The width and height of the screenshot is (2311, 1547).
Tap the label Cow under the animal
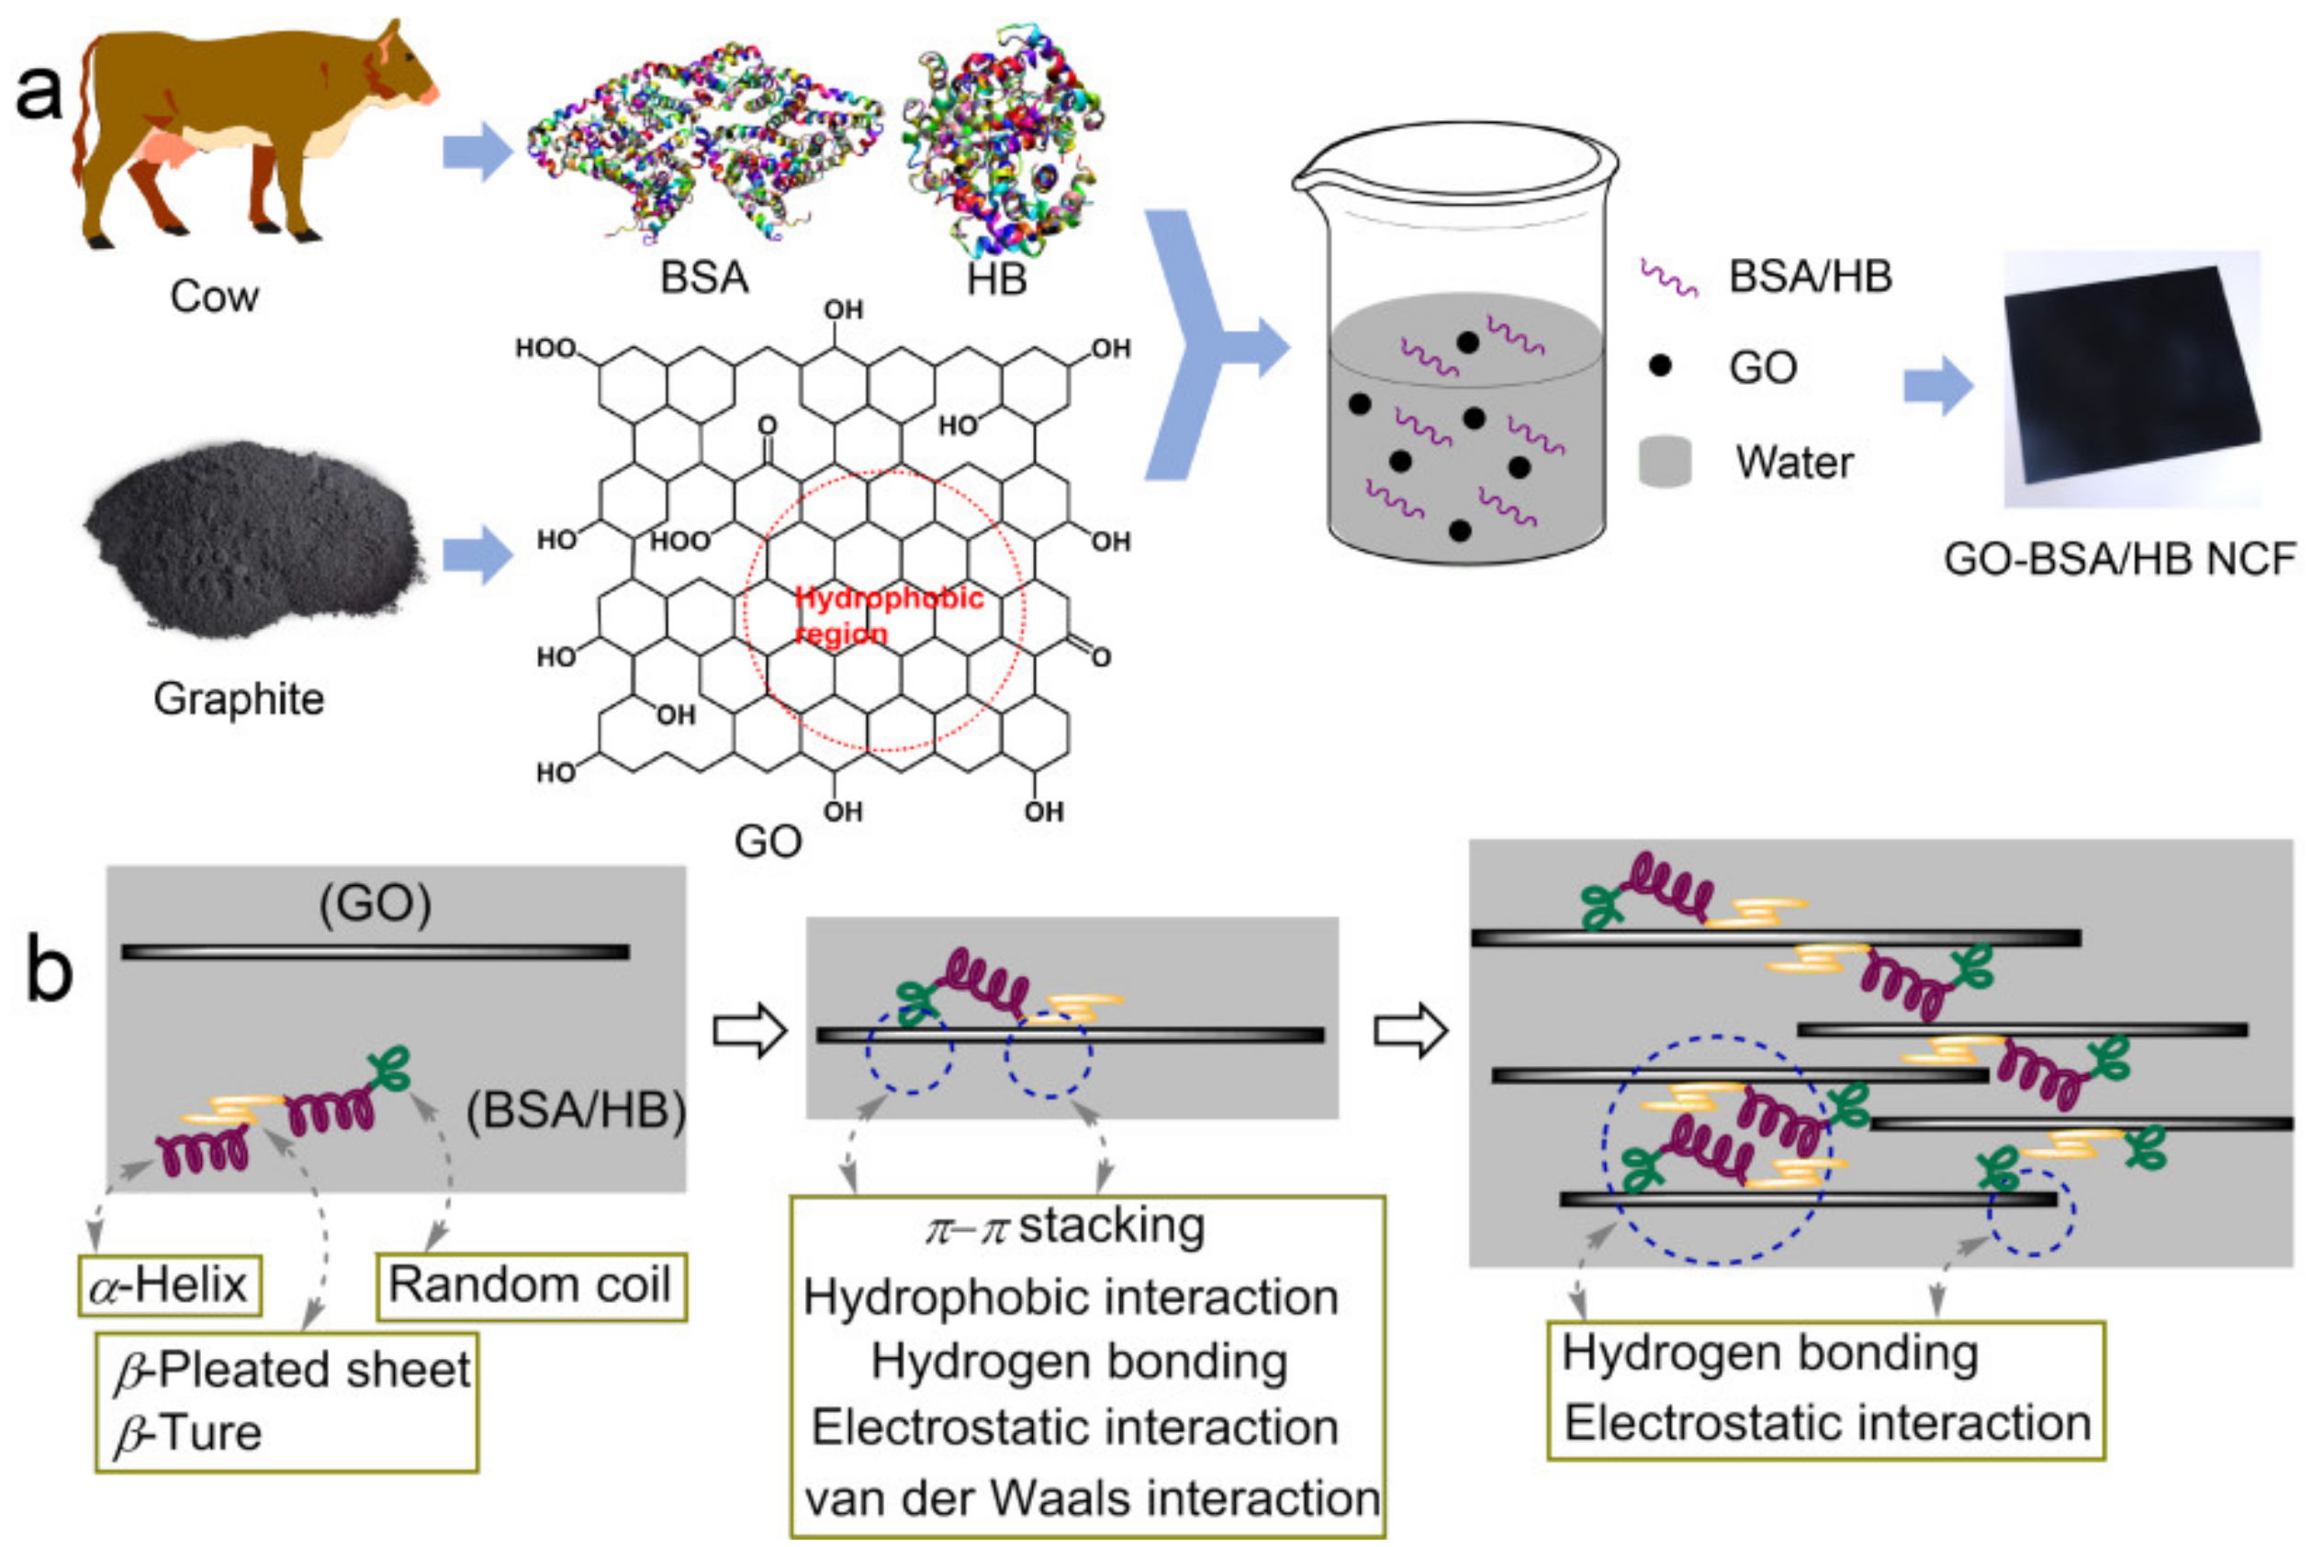point(214,296)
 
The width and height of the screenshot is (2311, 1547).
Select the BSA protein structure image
point(702,143)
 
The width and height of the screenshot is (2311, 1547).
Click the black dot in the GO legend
point(1660,366)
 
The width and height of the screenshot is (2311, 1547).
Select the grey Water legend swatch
point(1665,462)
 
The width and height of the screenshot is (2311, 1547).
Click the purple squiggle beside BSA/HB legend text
point(1668,278)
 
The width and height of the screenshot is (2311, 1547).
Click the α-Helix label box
point(169,1285)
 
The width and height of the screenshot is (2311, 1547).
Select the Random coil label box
point(531,1285)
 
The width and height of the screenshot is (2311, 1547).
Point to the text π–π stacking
point(1066,1228)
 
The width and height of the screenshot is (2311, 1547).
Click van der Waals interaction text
point(1092,1498)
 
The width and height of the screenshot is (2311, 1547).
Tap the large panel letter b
point(49,971)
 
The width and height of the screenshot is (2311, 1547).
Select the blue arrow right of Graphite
point(477,555)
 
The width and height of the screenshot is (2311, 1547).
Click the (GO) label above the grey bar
point(375,903)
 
